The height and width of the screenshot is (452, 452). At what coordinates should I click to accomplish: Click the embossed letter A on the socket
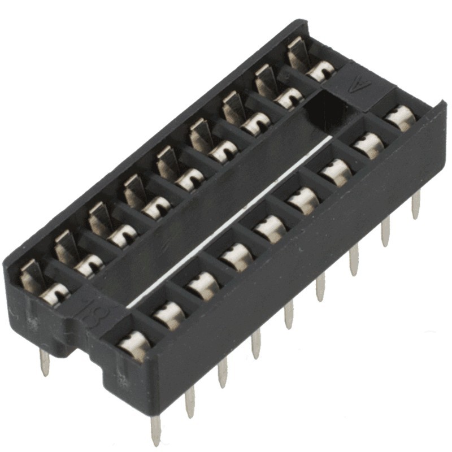pyautogui.click(x=356, y=86)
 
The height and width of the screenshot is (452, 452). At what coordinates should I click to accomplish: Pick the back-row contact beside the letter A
pyautogui.click(x=320, y=71)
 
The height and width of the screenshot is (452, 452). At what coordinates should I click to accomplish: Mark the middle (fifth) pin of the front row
pyautogui.click(x=289, y=314)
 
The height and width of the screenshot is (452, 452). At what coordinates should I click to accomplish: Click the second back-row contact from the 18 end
pyautogui.click(x=88, y=266)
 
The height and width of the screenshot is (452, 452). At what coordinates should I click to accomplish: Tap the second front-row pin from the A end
pyautogui.click(x=385, y=232)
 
